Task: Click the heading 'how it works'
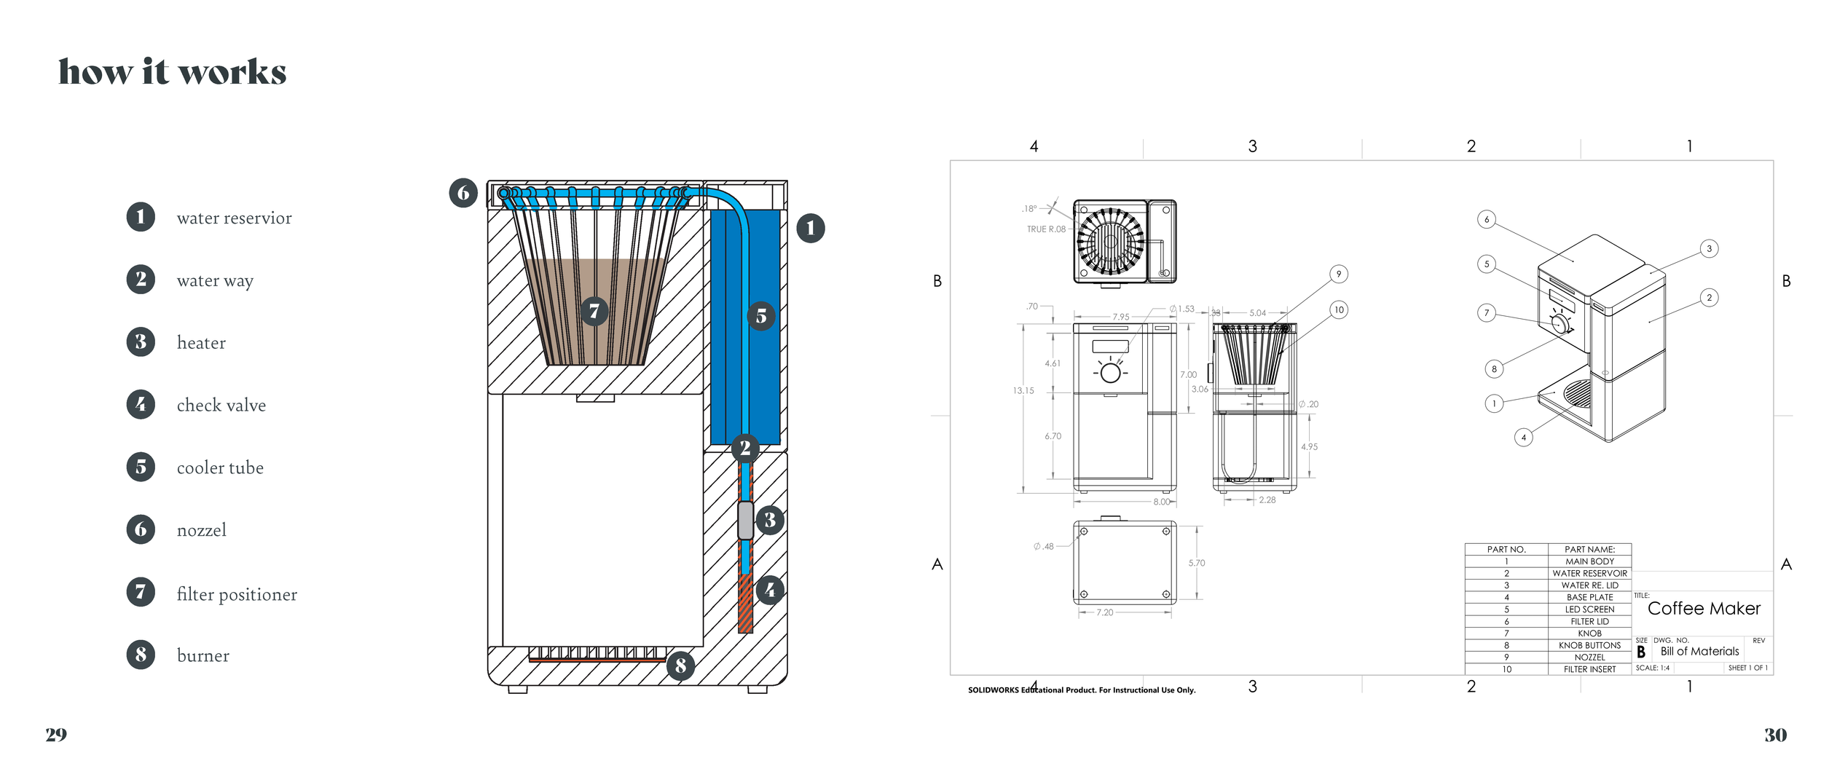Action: click(173, 72)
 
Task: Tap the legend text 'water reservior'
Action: click(234, 218)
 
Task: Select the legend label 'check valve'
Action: click(221, 406)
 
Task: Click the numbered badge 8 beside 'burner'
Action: click(141, 655)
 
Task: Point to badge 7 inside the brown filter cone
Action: click(594, 312)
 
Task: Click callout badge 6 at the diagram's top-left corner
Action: click(463, 193)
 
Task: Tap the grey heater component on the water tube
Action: click(745, 520)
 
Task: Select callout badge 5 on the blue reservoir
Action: click(761, 316)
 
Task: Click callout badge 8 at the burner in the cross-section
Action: click(680, 665)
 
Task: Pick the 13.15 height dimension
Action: click(1023, 391)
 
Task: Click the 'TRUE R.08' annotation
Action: click(1045, 229)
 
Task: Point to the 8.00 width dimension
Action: click(1161, 502)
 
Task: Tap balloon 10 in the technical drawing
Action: click(1339, 310)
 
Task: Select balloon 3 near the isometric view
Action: click(1709, 249)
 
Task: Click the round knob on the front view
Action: click(1110, 374)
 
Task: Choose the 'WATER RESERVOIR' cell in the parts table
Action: click(1589, 574)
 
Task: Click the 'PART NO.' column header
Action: click(1506, 550)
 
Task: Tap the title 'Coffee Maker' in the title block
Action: click(1703, 609)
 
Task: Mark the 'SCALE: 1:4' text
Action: click(1652, 668)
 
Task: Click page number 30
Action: click(1775, 735)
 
